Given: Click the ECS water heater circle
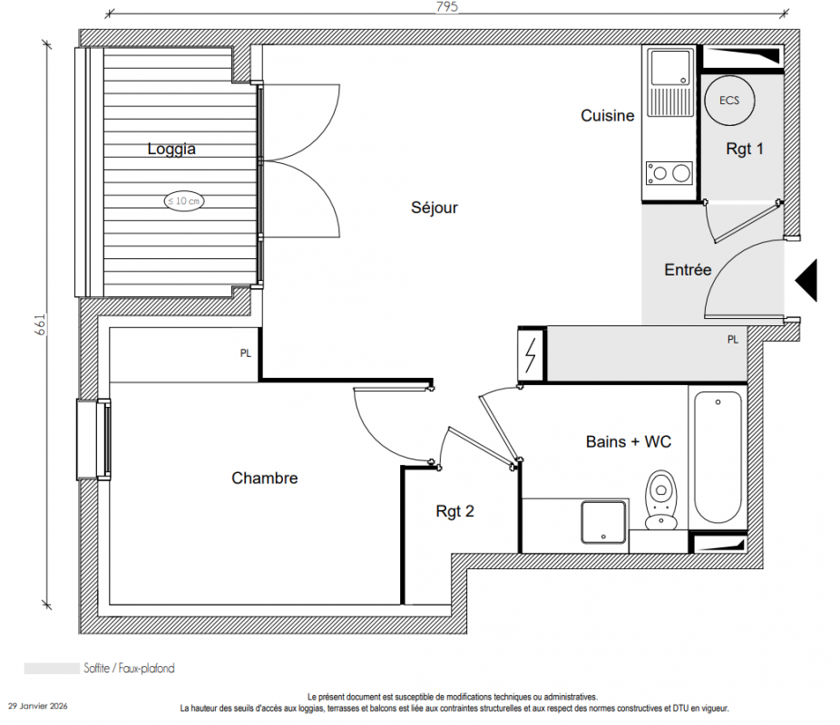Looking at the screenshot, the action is [729, 101].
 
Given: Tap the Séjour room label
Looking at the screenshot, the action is [435, 208].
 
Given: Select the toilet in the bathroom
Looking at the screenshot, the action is [661, 499].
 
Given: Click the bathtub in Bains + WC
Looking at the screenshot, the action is [718, 457].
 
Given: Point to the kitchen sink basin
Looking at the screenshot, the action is [669, 68].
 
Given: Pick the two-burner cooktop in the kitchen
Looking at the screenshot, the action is [669, 173].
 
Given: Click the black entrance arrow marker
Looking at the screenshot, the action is [806, 280].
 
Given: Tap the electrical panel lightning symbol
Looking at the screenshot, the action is [531, 354].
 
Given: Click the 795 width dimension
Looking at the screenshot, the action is [447, 6].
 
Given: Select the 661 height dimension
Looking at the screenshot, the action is [40, 324].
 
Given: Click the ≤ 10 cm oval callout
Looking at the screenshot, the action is [184, 201].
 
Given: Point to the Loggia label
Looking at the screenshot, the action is [171, 149].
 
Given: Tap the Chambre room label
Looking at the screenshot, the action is [265, 478].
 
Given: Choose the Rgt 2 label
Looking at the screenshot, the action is [454, 511].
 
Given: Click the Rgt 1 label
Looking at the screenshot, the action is [745, 149].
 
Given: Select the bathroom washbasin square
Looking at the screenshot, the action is [604, 522].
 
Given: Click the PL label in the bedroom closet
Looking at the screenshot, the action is [245, 353].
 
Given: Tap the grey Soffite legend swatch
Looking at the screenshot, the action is [52, 668].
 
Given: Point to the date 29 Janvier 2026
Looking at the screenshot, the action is [37, 706].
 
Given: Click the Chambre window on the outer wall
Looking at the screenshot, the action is [93, 440].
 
